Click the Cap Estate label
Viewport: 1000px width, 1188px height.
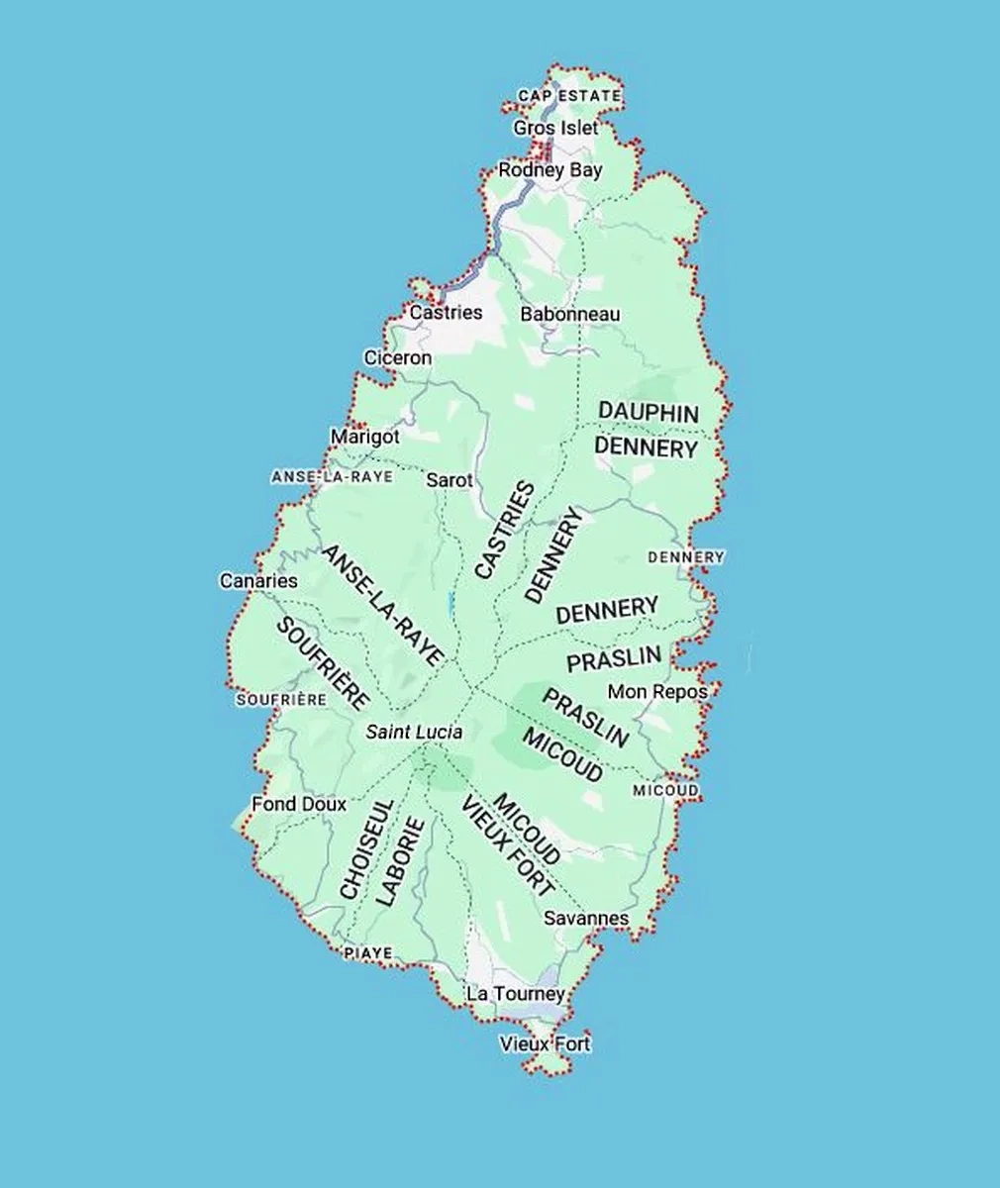(x=568, y=96)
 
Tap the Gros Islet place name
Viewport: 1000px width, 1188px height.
(x=555, y=128)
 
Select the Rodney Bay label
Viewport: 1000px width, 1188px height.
(x=550, y=170)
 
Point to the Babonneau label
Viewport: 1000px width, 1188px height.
(x=570, y=314)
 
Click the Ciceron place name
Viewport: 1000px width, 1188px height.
(x=397, y=357)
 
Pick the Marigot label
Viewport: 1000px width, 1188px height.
(x=364, y=437)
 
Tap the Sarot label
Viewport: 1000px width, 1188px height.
(x=450, y=479)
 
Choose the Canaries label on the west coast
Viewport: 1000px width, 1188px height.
(x=258, y=581)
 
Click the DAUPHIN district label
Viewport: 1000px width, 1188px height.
(x=649, y=413)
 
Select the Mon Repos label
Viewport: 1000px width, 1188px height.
(x=657, y=691)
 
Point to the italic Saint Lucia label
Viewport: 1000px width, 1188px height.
(x=414, y=733)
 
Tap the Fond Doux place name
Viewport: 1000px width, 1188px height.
(x=299, y=804)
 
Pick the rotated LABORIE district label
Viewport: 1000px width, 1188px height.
(x=401, y=861)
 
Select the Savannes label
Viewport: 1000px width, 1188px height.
(x=586, y=918)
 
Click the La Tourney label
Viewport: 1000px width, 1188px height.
(x=515, y=993)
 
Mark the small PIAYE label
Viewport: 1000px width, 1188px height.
(x=367, y=953)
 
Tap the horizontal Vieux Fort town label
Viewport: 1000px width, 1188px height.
(x=545, y=1043)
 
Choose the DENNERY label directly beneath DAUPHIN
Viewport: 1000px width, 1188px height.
(x=646, y=448)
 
